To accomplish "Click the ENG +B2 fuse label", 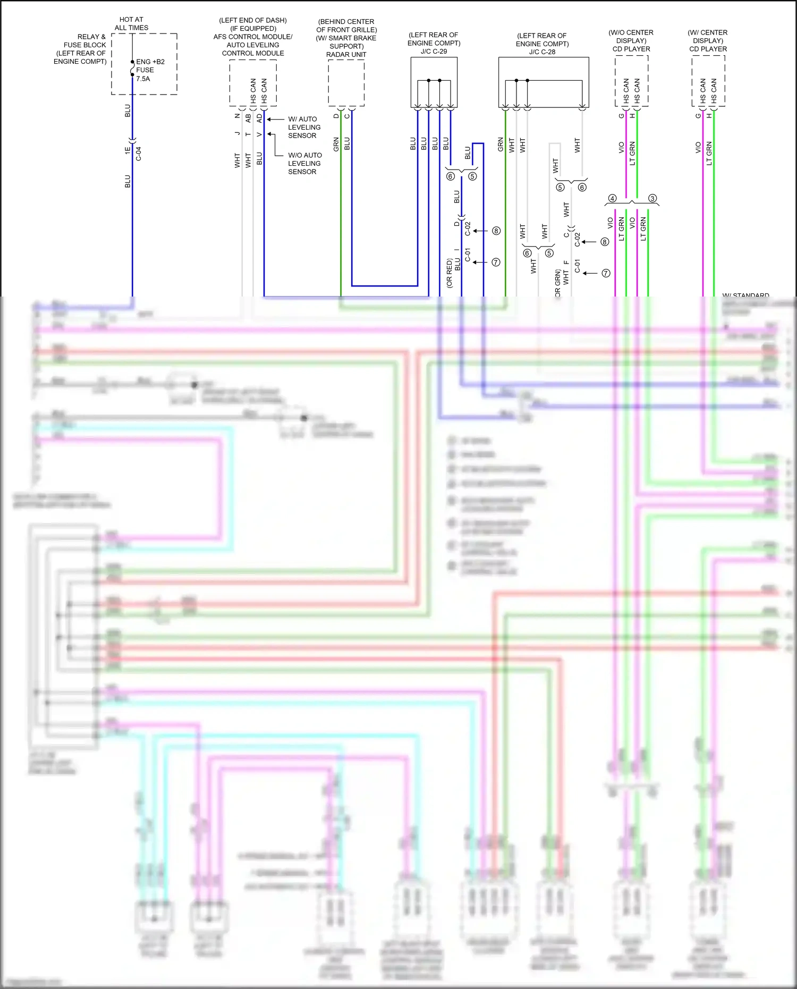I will click(150, 62).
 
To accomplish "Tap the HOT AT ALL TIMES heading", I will click(131, 23).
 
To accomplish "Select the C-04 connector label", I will click(139, 154).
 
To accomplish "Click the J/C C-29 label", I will click(434, 52).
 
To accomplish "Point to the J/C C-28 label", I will click(542, 52).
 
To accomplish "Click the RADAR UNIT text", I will click(346, 55).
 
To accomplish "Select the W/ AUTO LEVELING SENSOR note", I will click(303, 128).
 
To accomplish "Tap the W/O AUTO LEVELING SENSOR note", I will click(304, 164).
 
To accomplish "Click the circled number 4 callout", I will click(612, 198).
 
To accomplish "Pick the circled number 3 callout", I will click(652, 198).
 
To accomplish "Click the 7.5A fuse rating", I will click(143, 79).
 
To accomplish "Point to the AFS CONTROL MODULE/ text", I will click(253, 37).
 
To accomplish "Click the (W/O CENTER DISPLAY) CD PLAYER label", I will click(631, 41).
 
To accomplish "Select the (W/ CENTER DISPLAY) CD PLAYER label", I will click(708, 41).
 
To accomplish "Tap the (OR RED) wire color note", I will click(450, 274).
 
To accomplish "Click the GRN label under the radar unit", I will click(336, 144).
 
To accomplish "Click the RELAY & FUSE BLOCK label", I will click(85, 41).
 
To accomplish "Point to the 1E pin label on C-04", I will click(128, 151).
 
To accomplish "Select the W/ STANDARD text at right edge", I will click(745, 295).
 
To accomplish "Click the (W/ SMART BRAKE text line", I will click(346, 38).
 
